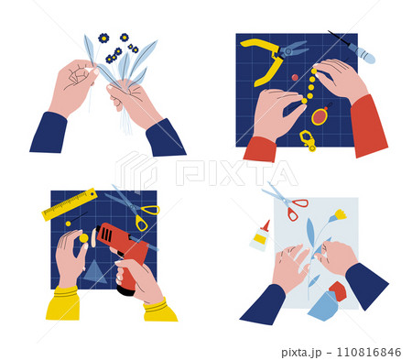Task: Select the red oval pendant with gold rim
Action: (x=320, y=116)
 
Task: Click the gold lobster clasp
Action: (x=307, y=139)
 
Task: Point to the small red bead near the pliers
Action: (x=295, y=77)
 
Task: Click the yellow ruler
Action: (x=70, y=204)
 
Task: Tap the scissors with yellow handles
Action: (x=138, y=208)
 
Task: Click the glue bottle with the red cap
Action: (x=260, y=236)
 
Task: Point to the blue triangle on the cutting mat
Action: (x=94, y=272)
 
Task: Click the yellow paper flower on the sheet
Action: (x=340, y=215)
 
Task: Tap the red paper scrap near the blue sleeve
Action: (x=338, y=290)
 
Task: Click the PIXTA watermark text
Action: (x=236, y=173)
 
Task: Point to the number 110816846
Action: (x=369, y=352)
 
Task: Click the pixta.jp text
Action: (x=301, y=353)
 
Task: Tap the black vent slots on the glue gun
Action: (x=106, y=235)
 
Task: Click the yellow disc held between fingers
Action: (x=83, y=238)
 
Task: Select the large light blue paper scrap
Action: (x=323, y=306)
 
